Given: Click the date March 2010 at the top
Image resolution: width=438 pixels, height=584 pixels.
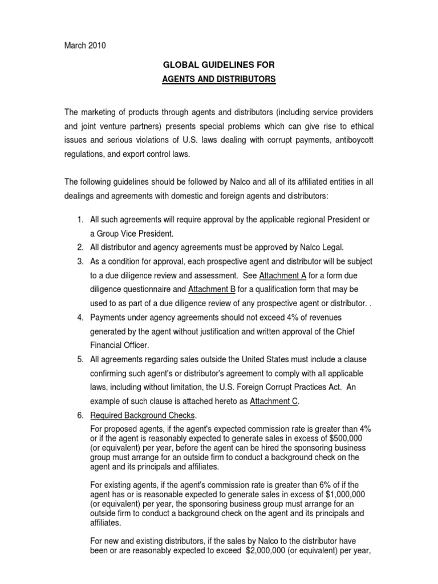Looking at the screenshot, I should (x=85, y=46).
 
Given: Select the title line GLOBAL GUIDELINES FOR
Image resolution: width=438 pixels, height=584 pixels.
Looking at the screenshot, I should (x=218, y=66).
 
